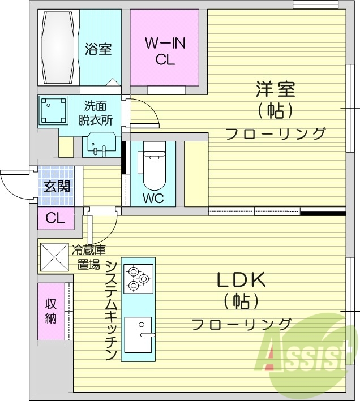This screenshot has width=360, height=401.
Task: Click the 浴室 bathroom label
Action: point(98,49)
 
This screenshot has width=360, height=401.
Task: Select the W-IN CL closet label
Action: point(166,51)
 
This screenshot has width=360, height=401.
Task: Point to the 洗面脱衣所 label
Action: point(98,112)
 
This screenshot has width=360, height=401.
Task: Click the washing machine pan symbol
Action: point(54,110)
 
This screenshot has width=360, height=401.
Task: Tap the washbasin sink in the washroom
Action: point(101,146)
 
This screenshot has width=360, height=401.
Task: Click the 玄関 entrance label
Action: point(57,186)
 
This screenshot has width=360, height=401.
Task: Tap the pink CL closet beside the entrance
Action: point(55,218)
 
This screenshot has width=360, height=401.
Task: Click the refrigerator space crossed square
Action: point(53,257)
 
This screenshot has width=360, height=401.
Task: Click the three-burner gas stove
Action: point(138,278)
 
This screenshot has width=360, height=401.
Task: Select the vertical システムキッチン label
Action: point(111,311)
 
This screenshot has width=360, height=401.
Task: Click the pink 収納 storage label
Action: point(51,311)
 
